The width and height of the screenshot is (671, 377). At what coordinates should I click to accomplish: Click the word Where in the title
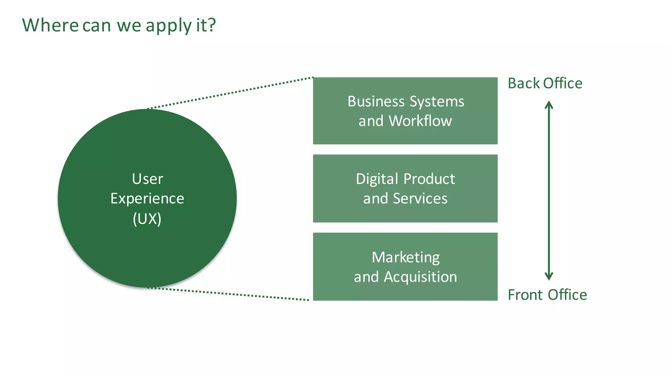[x=50, y=25]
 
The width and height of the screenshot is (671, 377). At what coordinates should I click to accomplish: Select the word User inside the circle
[x=147, y=179]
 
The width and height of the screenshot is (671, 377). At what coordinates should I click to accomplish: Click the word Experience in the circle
[x=147, y=199]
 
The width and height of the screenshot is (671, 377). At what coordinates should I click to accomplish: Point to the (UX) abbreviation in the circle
[x=147, y=219]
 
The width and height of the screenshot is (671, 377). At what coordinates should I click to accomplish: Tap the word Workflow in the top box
[x=420, y=121]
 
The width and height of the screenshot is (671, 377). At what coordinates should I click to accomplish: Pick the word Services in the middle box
[x=420, y=198]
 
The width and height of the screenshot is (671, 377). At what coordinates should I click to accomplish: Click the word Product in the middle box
[x=429, y=179]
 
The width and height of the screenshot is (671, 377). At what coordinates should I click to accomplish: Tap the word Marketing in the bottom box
[x=406, y=258]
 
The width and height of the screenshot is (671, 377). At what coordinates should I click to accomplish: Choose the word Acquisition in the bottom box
[x=420, y=277]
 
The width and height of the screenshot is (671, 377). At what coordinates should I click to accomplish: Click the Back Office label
[x=545, y=83]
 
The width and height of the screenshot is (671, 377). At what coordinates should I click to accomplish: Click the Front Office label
[x=547, y=295]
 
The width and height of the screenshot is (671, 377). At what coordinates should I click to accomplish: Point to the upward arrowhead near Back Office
[x=549, y=105]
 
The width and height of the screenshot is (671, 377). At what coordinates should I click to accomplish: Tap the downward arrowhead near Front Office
[x=549, y=277]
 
